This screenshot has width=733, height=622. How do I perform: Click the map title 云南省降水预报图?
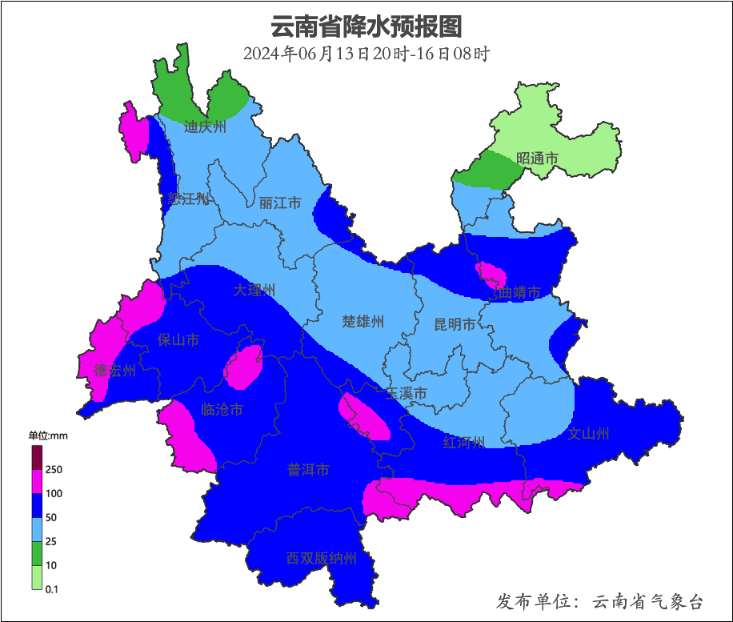pos(366,26)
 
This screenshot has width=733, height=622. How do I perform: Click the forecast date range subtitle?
pos(366,54)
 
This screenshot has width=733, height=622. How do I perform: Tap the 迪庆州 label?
pos(205,126)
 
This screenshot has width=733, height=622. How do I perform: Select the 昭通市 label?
pos(537,159)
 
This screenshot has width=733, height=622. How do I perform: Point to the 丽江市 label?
pos(280,203)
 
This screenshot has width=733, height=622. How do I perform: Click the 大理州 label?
pos(254,290)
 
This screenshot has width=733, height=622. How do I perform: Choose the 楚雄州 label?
pos(363,322)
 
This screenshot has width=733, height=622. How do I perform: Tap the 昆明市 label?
pos(455,324)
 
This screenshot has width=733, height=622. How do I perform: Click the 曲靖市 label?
pos(519,293)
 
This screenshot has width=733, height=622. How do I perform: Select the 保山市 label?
pos(178,340)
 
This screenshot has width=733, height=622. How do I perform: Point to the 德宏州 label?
pos(114,370)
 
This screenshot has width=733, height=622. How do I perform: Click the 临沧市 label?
pos(221,410)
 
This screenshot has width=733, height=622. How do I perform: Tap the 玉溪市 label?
pos(406,394)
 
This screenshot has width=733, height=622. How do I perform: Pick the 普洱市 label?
pos(308,470)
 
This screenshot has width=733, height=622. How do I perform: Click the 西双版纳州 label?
pos(321,559)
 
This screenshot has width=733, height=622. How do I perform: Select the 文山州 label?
pos(588,434)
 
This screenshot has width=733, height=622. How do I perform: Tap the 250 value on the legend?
pos(54,469)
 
